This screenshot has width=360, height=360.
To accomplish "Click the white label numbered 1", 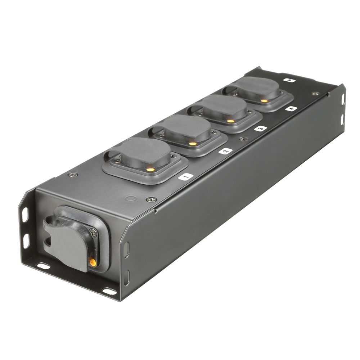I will (186, 176).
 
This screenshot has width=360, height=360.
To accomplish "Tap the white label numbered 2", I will (225, 151).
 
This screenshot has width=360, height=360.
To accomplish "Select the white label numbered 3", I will (260, 128).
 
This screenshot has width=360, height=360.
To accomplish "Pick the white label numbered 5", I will (289, 80).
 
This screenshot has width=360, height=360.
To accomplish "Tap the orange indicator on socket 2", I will (193, 144).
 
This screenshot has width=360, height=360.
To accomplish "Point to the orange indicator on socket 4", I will (264, 101).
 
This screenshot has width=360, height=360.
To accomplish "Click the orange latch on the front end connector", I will (93, 262).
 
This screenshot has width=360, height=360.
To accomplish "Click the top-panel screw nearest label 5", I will (315, 93).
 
